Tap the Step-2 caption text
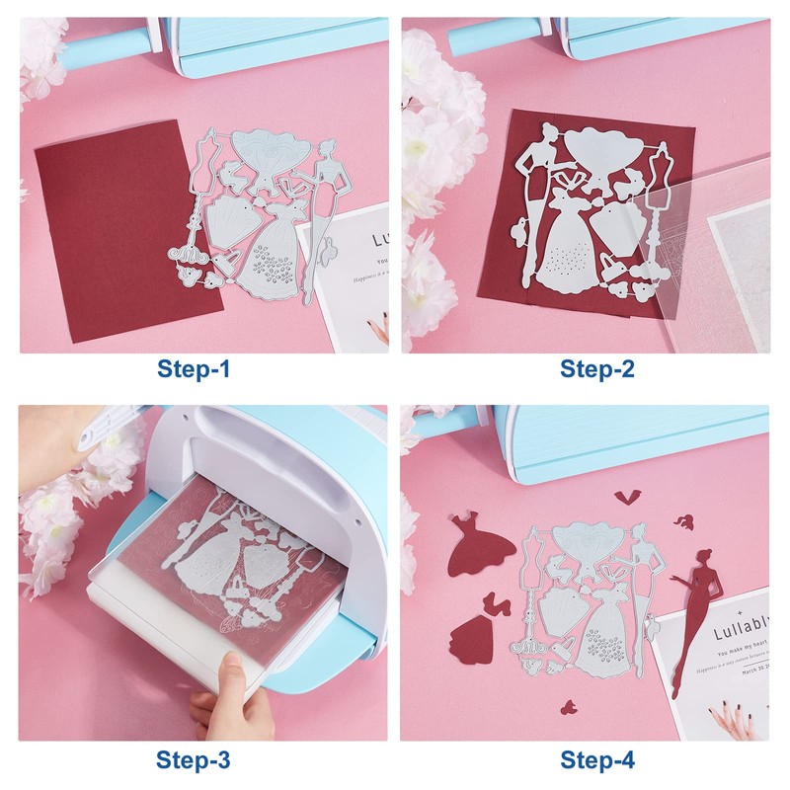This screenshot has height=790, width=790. pos(597,369)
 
